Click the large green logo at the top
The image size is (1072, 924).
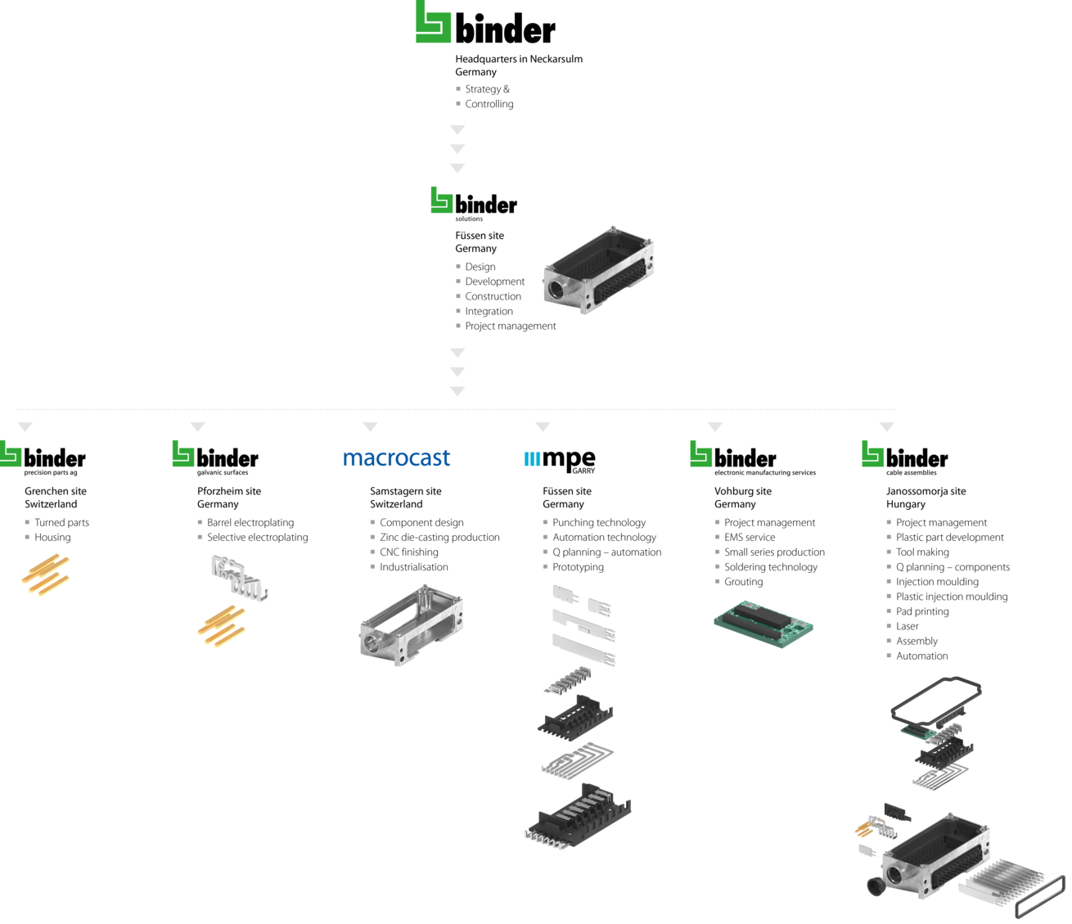pos(433,22)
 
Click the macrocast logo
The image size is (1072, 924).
pos(396,457)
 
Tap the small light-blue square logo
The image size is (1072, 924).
pos(532,459)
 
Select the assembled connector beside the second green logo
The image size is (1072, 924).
pos(598,270)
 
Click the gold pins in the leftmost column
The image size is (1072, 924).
pos(46,574)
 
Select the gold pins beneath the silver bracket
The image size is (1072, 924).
pos(221,626)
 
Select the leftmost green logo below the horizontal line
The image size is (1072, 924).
pos(11,454)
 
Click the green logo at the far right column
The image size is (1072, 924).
pos(872,454)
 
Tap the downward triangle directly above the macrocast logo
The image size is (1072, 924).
pos(370,427)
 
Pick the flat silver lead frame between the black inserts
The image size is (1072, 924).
pos(576,759)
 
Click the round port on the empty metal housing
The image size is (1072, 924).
pos(373,642)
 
